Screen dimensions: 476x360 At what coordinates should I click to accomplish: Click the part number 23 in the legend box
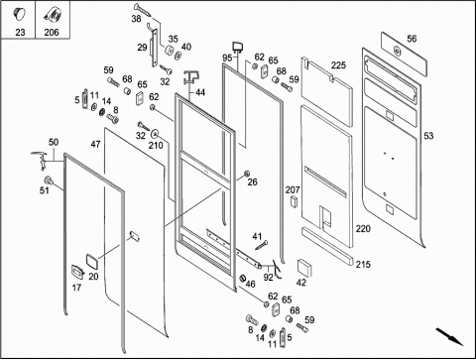(20, 32)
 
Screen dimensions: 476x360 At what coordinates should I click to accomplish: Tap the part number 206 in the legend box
(52, 32)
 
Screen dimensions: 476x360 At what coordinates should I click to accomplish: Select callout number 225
(338, 65)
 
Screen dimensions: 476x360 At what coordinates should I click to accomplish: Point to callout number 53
(428, 136)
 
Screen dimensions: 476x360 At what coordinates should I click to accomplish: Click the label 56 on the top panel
(412, 39)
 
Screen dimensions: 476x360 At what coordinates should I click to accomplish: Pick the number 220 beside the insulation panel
(363, 228)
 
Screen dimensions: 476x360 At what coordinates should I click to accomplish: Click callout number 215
(363, 264)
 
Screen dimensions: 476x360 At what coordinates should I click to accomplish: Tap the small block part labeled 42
(304, 268)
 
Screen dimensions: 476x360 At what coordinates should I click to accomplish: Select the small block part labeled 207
(294, 201)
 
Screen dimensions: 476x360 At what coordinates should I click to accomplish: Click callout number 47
(96, 145)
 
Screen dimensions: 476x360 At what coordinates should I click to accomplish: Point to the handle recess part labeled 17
(77, 272)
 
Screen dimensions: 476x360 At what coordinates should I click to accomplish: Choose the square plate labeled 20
(92, 262)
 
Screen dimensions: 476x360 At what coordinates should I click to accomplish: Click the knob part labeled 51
(50, 180)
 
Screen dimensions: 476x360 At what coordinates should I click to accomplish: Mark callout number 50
(54, 142)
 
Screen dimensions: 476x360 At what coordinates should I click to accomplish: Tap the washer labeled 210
(155, 134)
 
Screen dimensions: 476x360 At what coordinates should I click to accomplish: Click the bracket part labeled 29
(154, 48)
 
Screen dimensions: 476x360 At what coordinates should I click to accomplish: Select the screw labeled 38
(143, 10)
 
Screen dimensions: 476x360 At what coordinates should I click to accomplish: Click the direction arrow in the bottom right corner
(449, 336)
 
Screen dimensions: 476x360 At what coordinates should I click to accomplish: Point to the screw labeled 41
(262, 246)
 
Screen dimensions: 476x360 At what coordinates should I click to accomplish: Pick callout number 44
(200, 92)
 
